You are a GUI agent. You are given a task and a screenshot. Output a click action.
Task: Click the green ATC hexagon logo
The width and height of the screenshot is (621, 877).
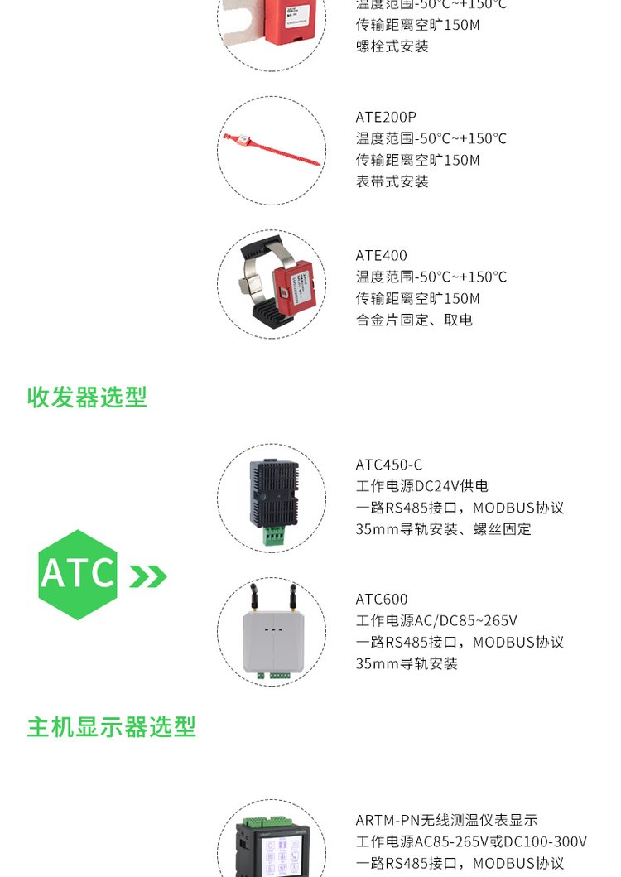(x=78, y=575)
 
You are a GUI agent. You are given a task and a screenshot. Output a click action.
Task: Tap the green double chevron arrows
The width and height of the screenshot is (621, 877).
(x=147, y=576)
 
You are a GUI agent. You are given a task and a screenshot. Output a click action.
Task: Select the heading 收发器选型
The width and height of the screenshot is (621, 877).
(x=87, y=398)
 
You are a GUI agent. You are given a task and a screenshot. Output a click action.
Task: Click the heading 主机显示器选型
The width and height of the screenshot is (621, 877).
(x=111, y=726)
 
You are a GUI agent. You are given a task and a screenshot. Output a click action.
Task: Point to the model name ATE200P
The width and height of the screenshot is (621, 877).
(x=386, y=117)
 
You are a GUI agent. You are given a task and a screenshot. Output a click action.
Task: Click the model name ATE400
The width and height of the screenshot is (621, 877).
(x=382, y=256)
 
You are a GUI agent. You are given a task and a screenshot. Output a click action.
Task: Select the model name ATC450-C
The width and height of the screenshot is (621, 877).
(x=389, y=465)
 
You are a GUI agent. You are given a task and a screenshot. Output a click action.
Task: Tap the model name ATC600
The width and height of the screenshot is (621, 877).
(x=382, y=599)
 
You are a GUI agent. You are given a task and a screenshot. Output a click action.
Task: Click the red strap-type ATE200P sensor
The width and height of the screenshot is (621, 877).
(x=272, y=148)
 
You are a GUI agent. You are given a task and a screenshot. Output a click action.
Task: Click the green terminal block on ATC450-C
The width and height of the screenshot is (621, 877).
(x=274, y=535)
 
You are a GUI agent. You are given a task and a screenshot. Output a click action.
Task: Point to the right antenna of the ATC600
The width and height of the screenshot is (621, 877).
(x=292, y=597)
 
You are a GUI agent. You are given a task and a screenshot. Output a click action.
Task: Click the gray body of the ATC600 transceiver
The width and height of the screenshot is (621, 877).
(x=273, y=642)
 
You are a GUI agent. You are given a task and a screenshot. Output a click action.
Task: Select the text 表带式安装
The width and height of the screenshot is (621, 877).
(x=392, y=181)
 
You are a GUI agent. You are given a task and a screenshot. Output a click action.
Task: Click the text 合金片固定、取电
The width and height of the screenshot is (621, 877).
(x=414, y=320)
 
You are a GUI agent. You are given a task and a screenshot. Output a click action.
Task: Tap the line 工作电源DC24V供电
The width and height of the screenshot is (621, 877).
(x=421, y=486)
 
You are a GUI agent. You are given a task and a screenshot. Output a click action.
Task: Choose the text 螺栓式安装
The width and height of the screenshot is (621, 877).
(x=392, y=46)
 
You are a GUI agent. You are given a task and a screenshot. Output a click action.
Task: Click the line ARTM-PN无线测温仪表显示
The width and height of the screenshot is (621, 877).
(x=446, y=820)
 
